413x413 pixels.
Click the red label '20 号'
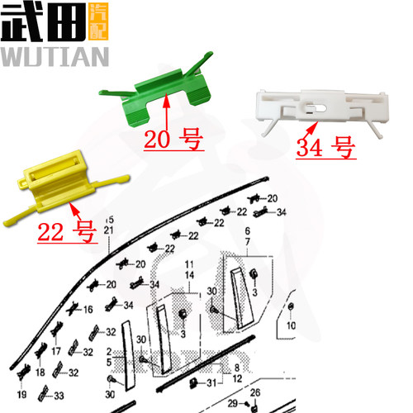173,140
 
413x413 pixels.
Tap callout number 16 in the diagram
88,311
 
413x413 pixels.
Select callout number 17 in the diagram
56,351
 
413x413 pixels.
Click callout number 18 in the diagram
39,373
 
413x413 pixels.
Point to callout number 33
59,396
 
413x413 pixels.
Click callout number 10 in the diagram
290,325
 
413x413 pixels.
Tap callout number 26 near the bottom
255,392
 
